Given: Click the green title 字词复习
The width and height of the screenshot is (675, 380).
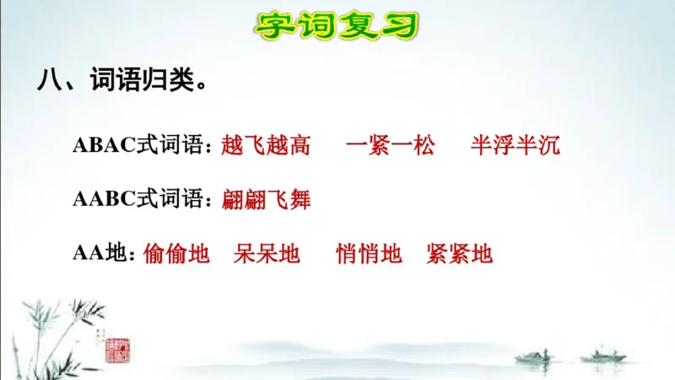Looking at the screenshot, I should point(337,24).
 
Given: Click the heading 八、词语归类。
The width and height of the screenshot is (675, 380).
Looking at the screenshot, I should point(121,82).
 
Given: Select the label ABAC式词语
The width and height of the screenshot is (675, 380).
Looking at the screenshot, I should point(140,146).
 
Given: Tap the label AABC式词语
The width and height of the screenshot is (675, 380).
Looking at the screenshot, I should point(140,200).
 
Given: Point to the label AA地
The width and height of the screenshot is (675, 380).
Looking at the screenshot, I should point(102,253).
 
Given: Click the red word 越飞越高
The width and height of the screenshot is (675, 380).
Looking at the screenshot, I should point(265,146).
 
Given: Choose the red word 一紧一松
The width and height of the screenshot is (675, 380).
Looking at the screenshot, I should point(390,146).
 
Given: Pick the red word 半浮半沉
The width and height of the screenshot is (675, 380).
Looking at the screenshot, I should point(515,146).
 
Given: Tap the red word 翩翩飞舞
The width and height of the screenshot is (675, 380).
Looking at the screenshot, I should point(266,200).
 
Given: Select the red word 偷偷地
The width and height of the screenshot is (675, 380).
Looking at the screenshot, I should point(176,253).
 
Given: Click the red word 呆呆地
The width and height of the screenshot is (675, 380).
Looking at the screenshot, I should point(267,253).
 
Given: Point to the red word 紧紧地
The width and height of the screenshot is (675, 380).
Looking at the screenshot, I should point(459,253).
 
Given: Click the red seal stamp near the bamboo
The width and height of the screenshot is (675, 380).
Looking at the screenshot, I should point(117,349).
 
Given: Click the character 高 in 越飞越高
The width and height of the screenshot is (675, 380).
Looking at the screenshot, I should point(299,146).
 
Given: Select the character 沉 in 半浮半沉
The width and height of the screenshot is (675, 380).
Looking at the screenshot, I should point(548,146).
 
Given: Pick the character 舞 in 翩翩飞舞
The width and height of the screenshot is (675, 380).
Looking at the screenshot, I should point(300,200).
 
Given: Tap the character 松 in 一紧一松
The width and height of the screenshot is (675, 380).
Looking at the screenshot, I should point(424,146).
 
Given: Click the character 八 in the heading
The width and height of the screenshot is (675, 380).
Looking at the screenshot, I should point(48,82).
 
